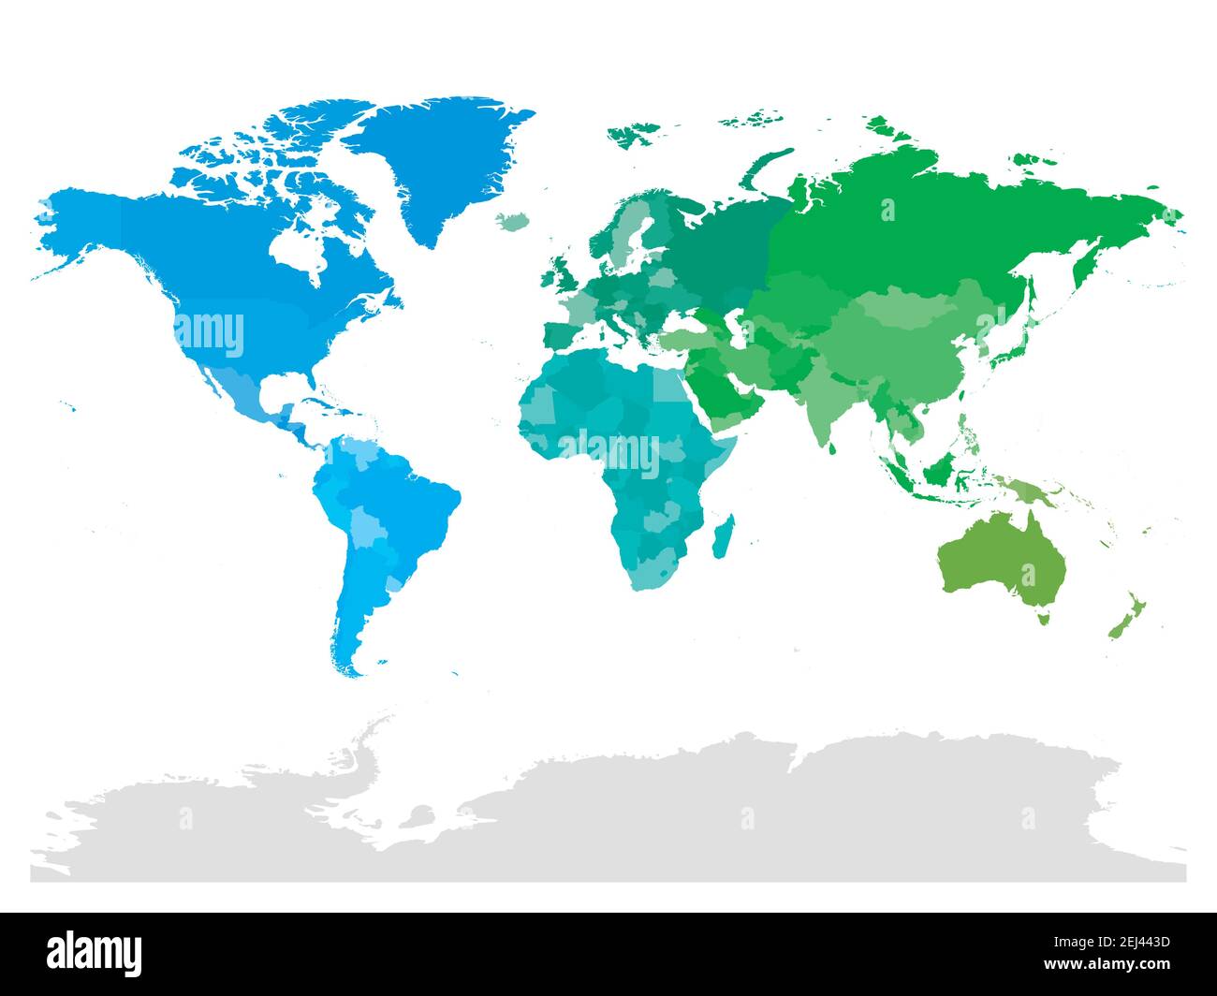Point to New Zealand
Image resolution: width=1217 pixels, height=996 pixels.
[1124, 614]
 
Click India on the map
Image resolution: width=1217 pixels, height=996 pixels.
[824, 393]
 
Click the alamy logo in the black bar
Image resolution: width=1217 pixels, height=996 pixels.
[95, 952]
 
